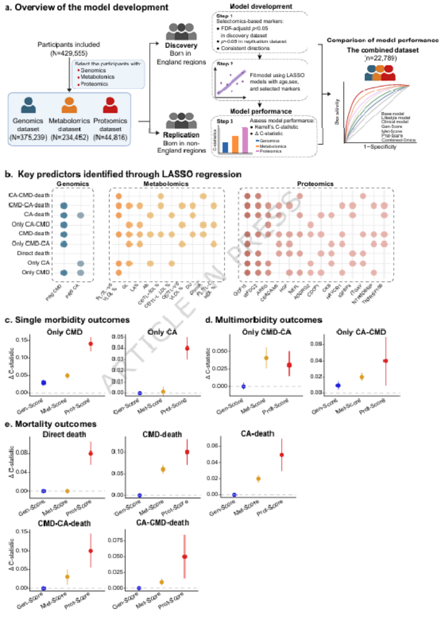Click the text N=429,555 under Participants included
pos(63,54)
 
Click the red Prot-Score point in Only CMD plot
pos(90,344)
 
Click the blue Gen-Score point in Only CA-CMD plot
pos(338,385)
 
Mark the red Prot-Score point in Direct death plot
pos(90,453)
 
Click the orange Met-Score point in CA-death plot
pos(259,478)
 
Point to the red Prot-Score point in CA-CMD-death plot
pos(184,556)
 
